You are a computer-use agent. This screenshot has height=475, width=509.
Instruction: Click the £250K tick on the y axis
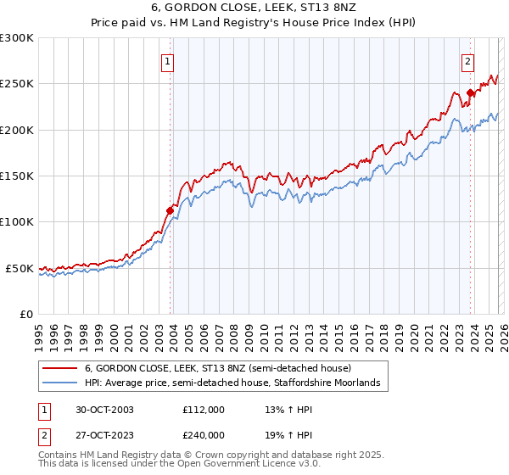click(x=17, y=84)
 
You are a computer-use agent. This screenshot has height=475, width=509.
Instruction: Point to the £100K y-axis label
click(x=17, y=222)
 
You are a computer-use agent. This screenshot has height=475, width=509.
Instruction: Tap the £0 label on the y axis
click(x=25, y=314)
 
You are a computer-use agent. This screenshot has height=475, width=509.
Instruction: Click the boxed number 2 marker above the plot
click(x=467, y=61)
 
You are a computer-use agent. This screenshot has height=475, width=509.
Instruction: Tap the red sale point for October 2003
click(x=171, y=210)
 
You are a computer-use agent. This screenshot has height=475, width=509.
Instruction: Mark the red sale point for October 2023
click(x=469, y=93)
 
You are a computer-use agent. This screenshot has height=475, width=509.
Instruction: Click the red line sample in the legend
click(x=59, y=368)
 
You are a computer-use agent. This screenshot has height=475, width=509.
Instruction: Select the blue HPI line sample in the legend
click(x=59, y=383)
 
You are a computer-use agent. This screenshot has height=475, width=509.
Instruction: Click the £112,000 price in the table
click(x=203, y=410)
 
